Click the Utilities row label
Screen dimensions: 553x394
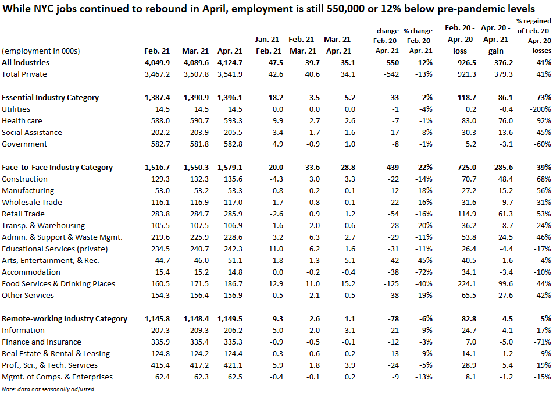tap(16, 109)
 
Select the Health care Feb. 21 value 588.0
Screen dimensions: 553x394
tap(160, 120)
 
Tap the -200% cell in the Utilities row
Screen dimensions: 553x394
tap(540, 109)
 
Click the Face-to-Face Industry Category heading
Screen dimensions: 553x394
tap(57, 168)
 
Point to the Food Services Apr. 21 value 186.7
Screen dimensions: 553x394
tap(233, 284)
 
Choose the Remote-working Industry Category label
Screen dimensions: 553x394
tap(65, 319)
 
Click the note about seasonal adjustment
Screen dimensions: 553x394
tap(48, 389)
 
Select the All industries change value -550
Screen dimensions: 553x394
tap(391, 62)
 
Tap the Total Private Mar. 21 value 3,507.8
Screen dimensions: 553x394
tap(196, 74)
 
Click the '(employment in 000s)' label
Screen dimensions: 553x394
tap(41, 51)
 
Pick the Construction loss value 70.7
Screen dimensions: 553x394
tap(469, 179)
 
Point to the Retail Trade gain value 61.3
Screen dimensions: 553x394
tap(505, 214)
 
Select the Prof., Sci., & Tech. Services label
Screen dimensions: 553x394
tap(50, 365)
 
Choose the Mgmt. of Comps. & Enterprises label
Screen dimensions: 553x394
tap(57, 377)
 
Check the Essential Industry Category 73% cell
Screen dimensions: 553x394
tap(544, 97)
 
